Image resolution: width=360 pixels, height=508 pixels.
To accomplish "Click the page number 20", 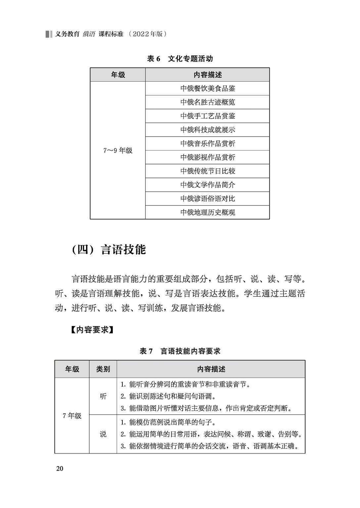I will click(60, 468).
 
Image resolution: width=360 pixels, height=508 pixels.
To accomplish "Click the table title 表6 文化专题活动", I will click(180, 59).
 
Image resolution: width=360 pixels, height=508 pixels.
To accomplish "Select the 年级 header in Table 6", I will click(118, 75).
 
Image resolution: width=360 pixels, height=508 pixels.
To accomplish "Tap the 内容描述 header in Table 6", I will click(207, 75).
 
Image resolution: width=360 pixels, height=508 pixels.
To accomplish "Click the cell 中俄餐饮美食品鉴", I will click(207, 89).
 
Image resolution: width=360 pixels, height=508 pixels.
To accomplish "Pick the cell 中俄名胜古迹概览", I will click(207, 102).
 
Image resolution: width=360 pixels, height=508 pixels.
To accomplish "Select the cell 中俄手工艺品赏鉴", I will click(207, 116).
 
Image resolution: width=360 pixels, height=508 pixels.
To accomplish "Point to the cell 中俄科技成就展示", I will click(207, 130).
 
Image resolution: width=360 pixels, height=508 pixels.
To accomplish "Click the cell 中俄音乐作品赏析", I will click(207, 144).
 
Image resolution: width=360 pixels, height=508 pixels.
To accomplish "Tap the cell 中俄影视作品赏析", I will click(207, 157).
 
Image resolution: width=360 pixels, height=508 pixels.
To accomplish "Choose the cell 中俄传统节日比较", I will click(207, 171).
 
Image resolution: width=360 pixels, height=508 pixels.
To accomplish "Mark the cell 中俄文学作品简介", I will click(207, 185).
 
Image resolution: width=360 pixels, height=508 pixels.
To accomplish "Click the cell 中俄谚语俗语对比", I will click(207, 199).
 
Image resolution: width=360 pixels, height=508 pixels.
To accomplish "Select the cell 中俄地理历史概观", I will click(207, 212).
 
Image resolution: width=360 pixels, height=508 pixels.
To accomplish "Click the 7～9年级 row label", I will click(118, 150).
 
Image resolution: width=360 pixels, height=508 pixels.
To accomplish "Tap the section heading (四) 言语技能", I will click(109, 249).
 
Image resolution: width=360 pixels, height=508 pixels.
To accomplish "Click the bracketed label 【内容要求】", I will click(92, 330).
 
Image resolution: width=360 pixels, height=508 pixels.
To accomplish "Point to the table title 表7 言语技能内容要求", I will click(180, 351).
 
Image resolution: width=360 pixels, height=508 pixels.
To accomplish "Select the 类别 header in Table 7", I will click(103, 369).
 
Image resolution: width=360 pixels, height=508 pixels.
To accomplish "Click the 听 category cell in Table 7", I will click(103, 396).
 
